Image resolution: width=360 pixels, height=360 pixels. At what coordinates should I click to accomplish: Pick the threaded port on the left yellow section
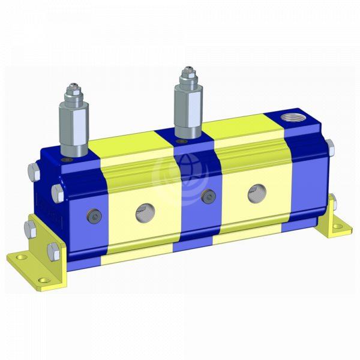[143, 210]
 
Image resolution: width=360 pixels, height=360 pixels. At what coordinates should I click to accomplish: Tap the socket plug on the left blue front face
[94, 215]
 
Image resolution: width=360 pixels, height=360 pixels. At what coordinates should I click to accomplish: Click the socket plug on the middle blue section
[208, 196]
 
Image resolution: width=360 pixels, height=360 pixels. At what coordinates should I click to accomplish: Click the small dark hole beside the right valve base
[178, 141]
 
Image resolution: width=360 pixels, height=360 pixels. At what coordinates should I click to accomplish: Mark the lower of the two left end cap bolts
[57, 193]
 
